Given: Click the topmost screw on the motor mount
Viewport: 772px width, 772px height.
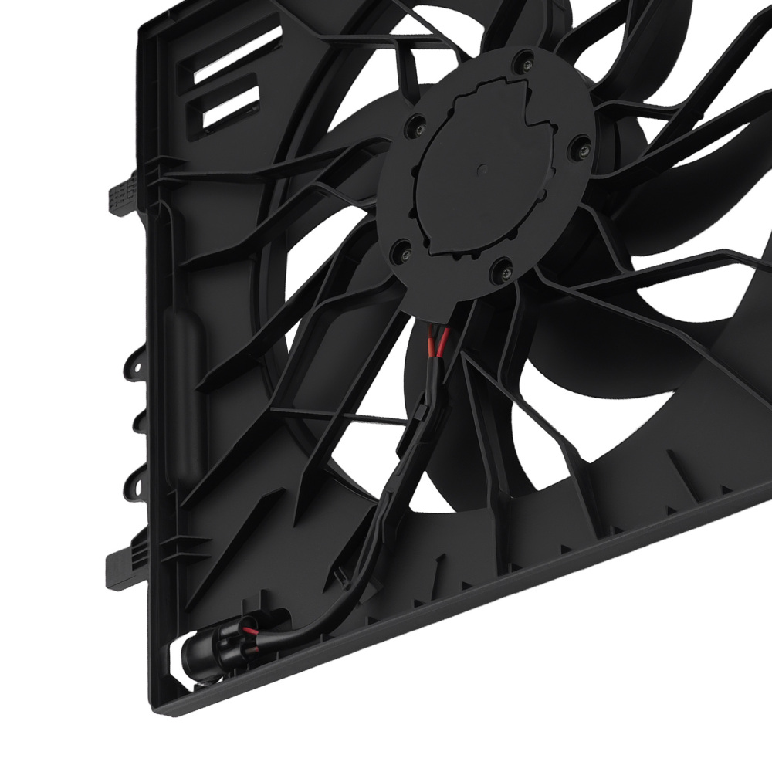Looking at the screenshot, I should pyautogui.click(x=527, y=56).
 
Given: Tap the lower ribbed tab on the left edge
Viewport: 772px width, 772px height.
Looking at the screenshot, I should pyautogui.click(x=117, y=564).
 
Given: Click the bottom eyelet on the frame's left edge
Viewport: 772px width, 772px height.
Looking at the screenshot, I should pyautogui.click(x=136, y=486).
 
